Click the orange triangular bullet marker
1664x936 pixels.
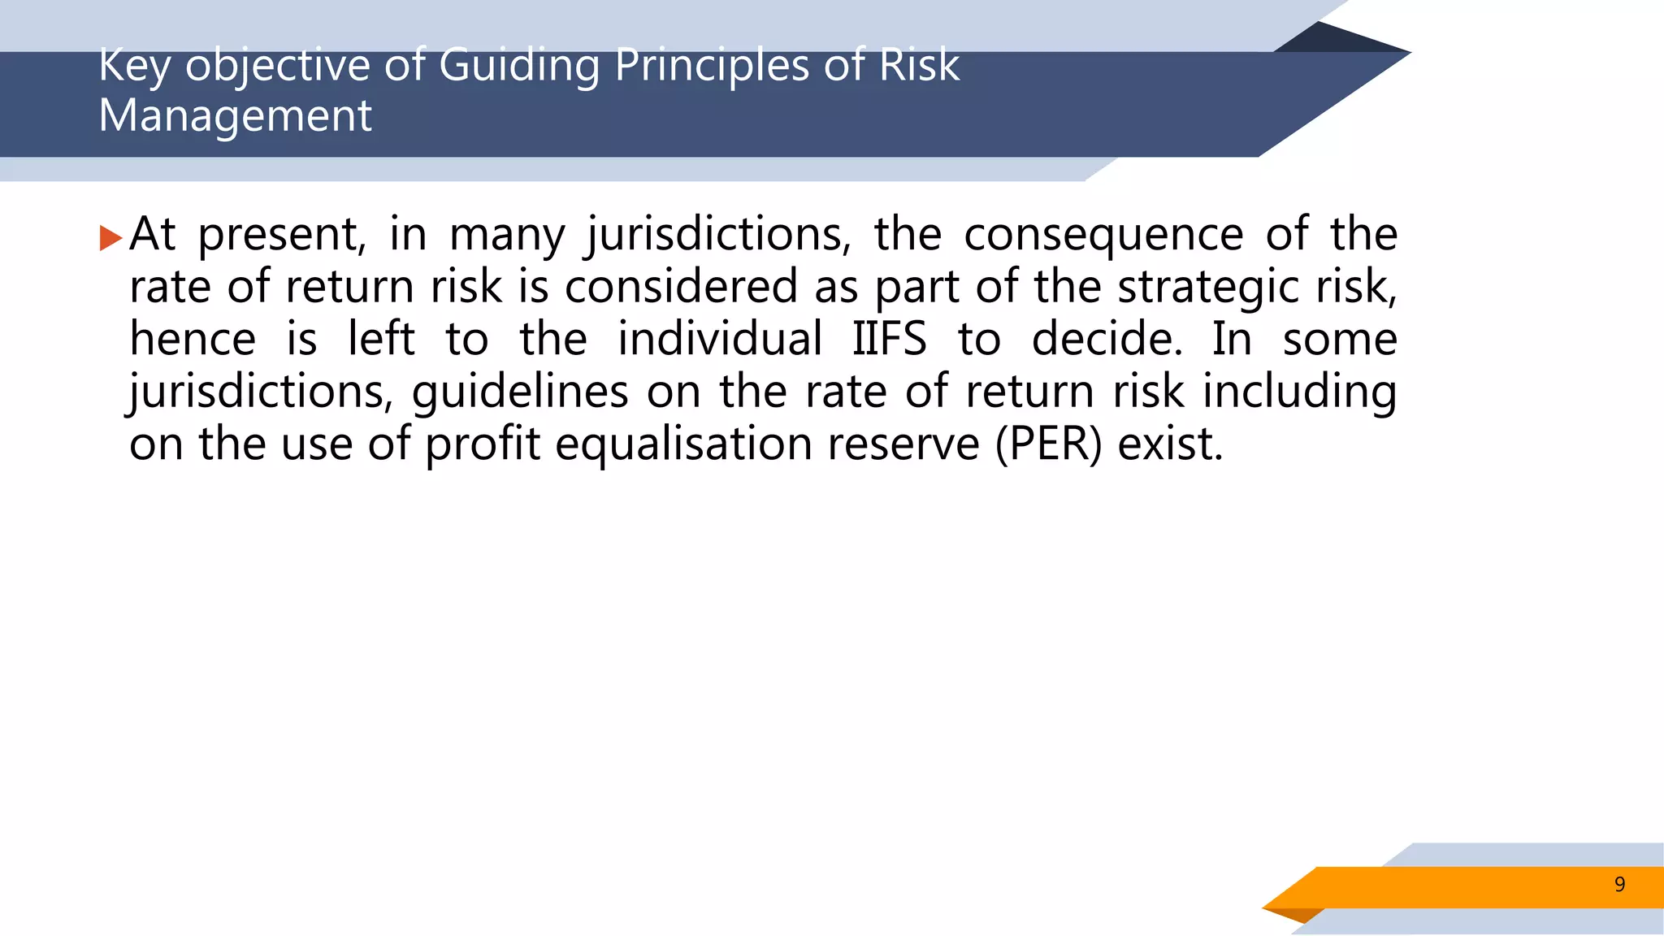pyautogui.click(x=110, y=238)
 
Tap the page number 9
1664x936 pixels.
pyautogui.click(x=1619, y=884)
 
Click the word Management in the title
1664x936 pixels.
pyautogui.click(x=235, y=115)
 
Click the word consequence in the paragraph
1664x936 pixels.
pyautogui.click(x=1103, y=234)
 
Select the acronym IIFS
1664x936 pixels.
pyautogui.click(x=889, y=339)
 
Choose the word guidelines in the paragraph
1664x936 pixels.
pyautogui.click(x=520, y=392)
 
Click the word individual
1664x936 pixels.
pyautogui.click(x=720, y=339)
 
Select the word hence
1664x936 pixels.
pyautogui.click(x=193, y=339)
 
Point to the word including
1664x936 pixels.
pyautogui.click(x=1299, y=392)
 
